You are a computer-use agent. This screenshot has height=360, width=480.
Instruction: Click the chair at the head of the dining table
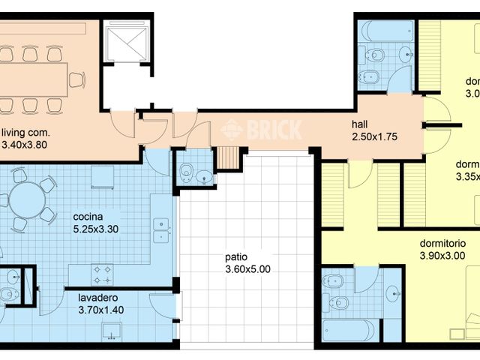76,79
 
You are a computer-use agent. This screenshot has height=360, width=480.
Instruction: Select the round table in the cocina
27,199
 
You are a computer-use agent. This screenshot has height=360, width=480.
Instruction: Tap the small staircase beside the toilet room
227,157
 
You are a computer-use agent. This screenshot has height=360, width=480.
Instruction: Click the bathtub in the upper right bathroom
386,31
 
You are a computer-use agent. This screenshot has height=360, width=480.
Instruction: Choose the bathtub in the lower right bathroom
349,330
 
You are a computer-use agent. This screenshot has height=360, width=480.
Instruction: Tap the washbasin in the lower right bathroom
393,294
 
